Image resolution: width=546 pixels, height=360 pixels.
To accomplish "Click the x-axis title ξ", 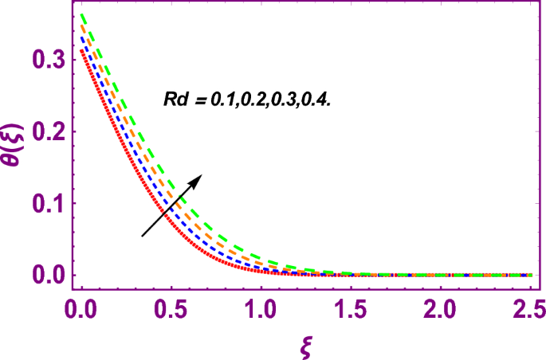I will pyautogui.click(x=304, y=344).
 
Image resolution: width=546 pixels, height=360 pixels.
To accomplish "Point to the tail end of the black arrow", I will pyautogui.click(x=143, y=236).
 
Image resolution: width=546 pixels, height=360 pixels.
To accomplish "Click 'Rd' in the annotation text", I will pyautogui.click(x=168, y=101).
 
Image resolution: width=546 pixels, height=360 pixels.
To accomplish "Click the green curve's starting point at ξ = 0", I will pyautogui.click(x=81, y=14).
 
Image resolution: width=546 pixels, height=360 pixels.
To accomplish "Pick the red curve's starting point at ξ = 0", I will pyautogui.click(x=81, y=50).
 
